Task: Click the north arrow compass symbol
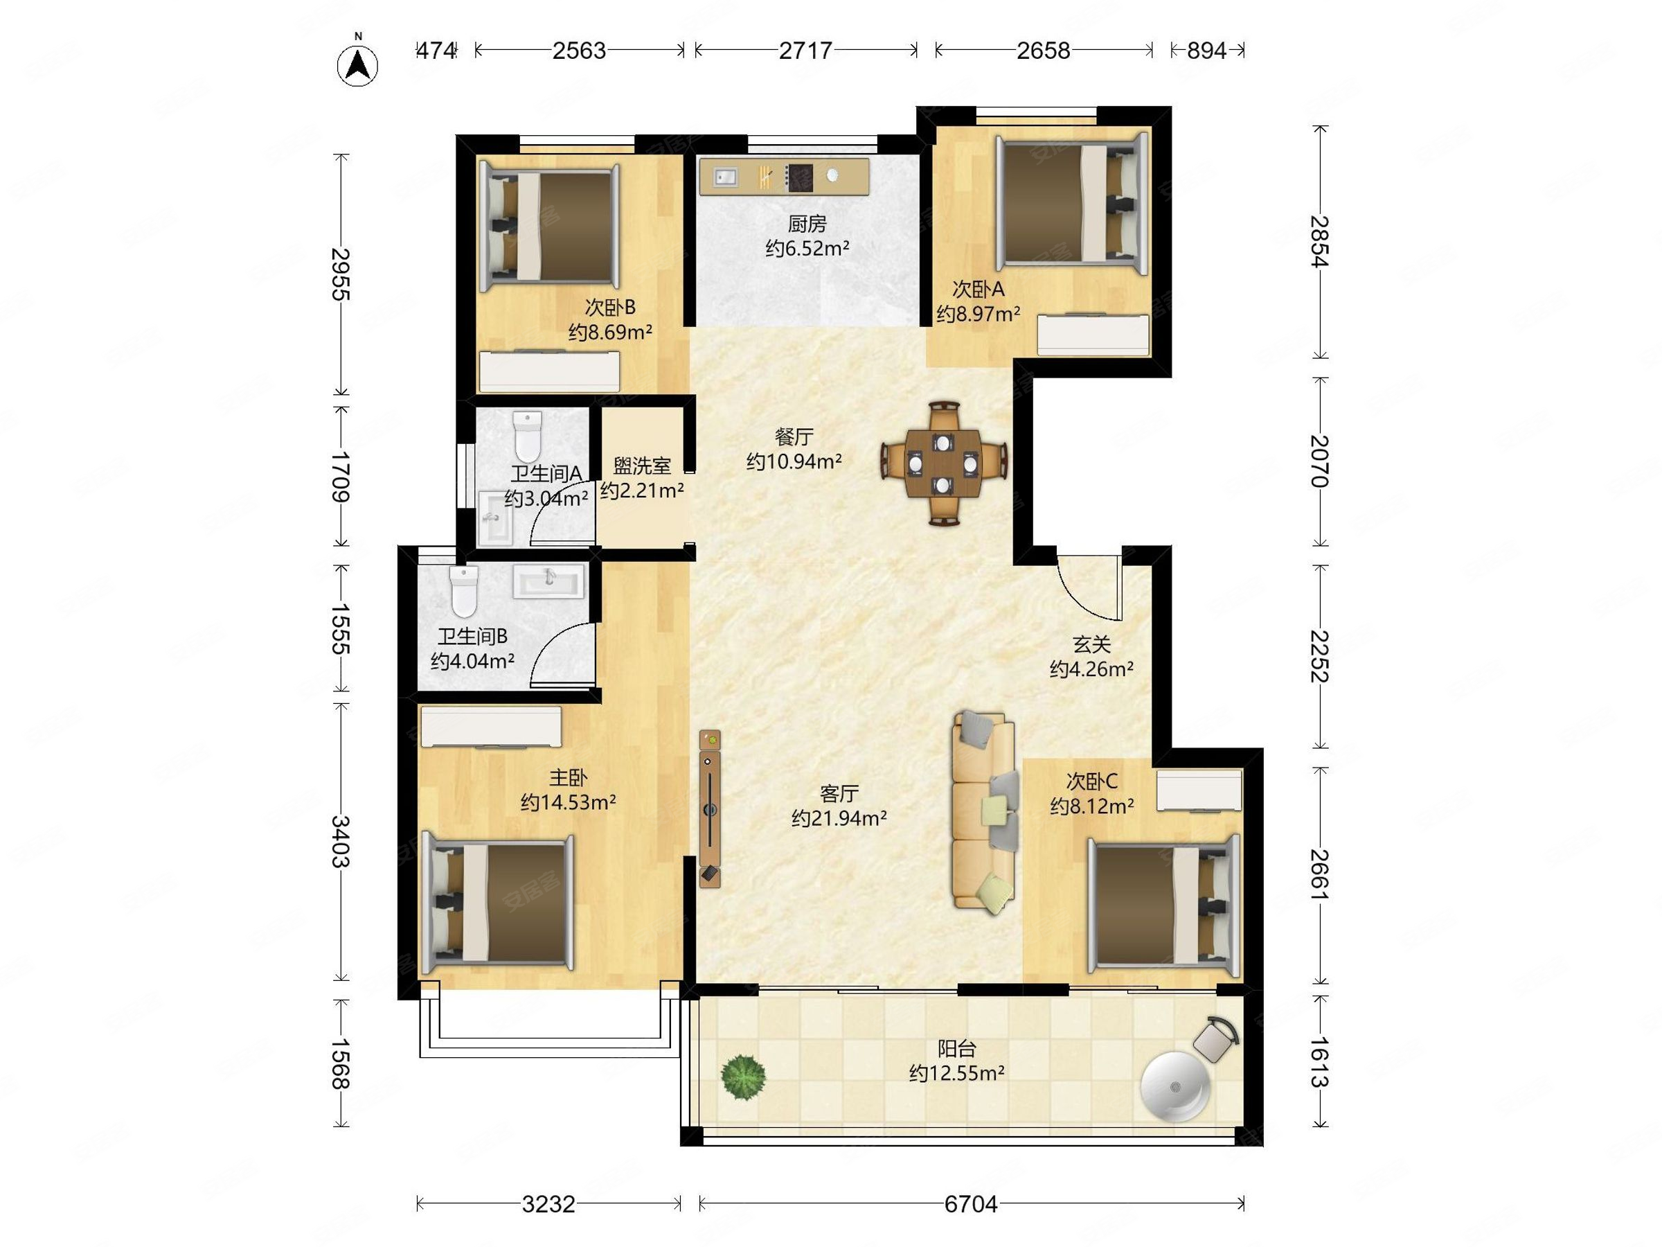click(357, 64)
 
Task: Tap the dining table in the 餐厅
click(944, 463)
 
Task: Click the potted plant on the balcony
click(743, 1077)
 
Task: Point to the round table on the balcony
click(1175, 1086)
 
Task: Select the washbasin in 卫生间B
click(548, 582)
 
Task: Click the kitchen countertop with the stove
click(784, 177)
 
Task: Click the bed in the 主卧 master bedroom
click(498, 902)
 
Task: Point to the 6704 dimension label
click(971, 1204)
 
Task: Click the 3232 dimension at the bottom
click(548, 1204)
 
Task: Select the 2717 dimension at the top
click(805, 51)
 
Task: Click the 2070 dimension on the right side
click(1319, 461)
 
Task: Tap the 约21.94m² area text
click(839, 817)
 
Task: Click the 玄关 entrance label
click(1091, 644)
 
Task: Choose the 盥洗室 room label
click(642, 466)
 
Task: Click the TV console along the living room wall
click(710, 808)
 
